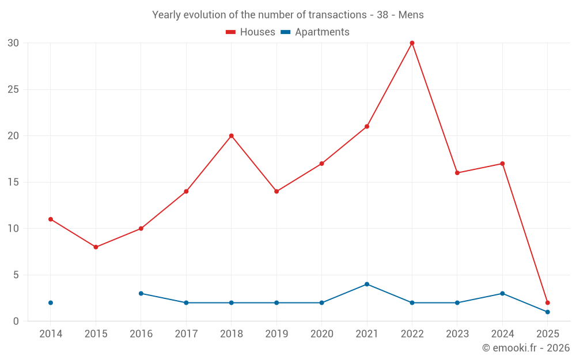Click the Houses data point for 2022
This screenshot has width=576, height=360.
412,43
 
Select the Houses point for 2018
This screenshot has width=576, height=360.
232,136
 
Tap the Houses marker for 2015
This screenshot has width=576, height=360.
96,247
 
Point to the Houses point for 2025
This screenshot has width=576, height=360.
547,302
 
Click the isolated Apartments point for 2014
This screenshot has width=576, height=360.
51,302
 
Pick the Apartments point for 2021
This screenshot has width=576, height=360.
367,284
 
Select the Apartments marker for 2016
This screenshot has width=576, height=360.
141,293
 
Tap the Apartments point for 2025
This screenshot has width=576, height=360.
547,312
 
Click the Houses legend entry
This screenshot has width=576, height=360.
251,32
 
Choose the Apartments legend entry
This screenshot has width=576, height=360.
315,32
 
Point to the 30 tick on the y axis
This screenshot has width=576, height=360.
13,43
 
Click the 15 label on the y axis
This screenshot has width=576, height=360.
13,182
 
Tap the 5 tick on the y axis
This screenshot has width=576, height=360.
16,275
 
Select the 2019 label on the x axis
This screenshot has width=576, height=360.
276,334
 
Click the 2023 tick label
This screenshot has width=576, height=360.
457,334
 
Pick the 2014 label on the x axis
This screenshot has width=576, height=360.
51,334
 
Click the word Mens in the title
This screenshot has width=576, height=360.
411,15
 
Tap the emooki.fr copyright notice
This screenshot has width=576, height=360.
525,348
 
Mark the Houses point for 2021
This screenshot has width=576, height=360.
367,127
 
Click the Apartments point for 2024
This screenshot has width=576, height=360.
502,293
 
